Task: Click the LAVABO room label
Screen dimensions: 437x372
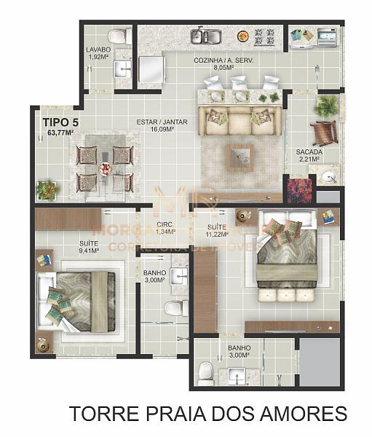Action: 98,49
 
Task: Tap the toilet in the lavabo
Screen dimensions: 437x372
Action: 119,36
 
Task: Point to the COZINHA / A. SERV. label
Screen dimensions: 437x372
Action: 223,60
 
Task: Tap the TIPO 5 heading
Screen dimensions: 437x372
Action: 61,122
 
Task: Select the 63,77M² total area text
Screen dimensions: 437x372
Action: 60,133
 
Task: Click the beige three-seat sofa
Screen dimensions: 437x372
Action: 239,121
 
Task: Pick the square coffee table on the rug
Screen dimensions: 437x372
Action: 239,155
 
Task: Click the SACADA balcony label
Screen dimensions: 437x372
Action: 309,152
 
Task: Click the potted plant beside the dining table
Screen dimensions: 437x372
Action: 48,190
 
